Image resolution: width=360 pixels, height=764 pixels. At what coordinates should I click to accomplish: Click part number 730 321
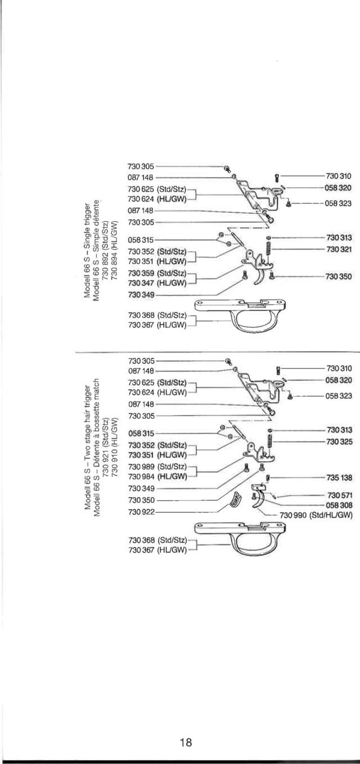[x=339, y=249]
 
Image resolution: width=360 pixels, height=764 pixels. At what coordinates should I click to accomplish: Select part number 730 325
[x=339, y=442]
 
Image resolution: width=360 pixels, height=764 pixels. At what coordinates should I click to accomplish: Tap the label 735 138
[x=339, y=478]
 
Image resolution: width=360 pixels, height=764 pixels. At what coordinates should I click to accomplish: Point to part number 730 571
[x=340, y=495]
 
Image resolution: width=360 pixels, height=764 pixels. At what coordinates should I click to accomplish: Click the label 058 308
[x=339, y=505]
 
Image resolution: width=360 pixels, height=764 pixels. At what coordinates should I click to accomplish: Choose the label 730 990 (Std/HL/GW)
[x=316, y=515]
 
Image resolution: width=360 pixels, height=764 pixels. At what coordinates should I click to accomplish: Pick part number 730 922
[x=141, y=512]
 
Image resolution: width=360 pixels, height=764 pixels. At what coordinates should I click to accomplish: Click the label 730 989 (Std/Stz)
[x=157, y=466]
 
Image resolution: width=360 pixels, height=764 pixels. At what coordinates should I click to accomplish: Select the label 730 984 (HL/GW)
[x=157, y=477]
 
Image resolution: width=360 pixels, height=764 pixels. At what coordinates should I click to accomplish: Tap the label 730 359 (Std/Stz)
[x=157, y=273]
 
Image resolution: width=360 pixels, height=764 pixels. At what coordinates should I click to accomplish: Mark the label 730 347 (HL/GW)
[x=157, y=283]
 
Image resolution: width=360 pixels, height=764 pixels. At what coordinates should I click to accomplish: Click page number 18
[x=186, y=742]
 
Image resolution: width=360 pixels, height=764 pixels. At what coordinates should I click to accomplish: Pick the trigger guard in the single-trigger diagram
[x=240, y=315]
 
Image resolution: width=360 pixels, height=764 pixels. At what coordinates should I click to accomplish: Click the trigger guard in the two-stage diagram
[x=240, y=539]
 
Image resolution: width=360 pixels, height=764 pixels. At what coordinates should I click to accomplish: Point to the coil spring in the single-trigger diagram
[x=268, y=253]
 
